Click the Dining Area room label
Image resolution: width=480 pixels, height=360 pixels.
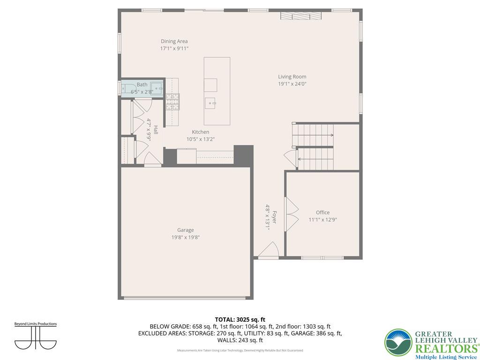point(174,41)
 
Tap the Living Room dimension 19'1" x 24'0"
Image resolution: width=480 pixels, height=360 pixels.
point(292,84)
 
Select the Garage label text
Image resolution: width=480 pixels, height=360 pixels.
point(185,230)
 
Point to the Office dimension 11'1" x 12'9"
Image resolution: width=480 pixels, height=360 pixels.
point(322,219)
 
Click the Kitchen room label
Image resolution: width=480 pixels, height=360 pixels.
point(200,132)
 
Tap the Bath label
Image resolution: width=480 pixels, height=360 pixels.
point(142,85)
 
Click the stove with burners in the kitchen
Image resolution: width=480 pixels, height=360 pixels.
point(172,102)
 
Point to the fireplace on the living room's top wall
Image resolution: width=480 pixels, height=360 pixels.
point(301,16)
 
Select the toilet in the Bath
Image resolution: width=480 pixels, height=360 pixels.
point(157,88)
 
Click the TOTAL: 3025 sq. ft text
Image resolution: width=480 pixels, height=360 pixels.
point(240,319)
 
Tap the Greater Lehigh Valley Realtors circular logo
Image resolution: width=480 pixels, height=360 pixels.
point(398,342)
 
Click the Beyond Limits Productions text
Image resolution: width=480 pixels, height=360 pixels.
point(36,324)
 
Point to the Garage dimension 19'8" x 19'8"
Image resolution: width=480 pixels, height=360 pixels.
point(185,237)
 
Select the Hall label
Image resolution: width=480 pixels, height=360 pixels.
point(156,129)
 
